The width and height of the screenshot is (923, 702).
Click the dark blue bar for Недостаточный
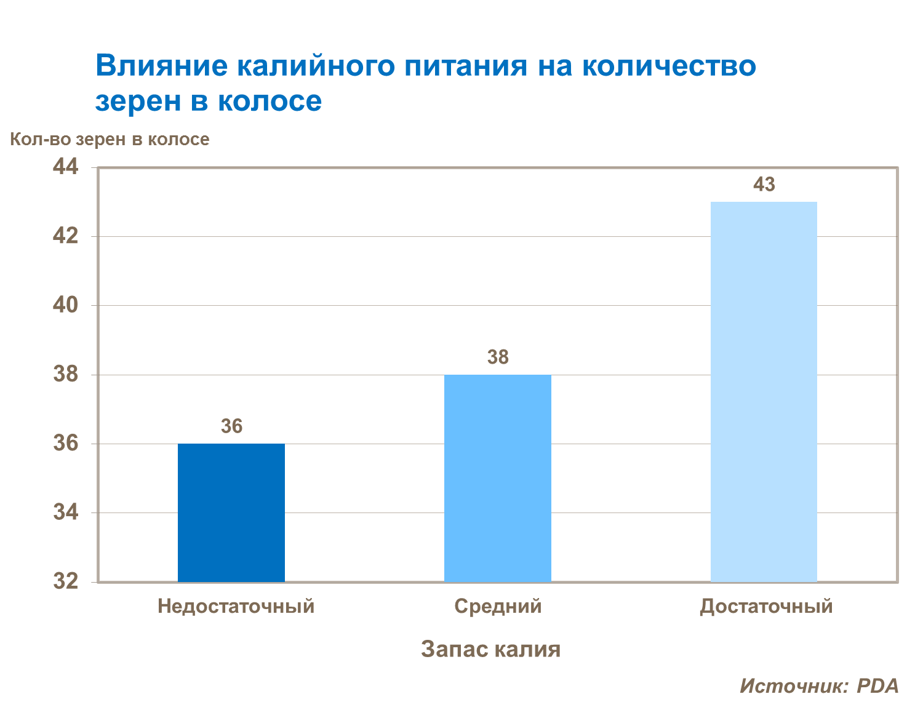click(231, 513)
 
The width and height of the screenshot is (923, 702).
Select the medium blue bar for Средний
click(497, 478)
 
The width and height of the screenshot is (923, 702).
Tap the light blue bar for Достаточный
click(764, 391)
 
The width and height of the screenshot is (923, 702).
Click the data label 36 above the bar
click(231, 426)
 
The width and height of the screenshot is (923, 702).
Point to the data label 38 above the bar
click(498, 357)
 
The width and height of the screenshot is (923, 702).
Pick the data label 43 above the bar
click(764, 184)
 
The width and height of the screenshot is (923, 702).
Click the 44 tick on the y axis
click(66, 167)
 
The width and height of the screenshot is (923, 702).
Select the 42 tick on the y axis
click(66, 236)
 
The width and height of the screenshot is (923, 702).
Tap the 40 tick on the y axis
click(66, 305)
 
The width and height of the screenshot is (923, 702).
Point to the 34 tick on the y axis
click(66, 512)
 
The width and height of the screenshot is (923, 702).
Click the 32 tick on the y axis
click(66, 581)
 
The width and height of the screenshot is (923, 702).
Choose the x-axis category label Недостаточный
click(236, 606)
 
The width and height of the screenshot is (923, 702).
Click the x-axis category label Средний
click(498, 606)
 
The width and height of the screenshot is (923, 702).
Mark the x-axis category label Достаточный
click(766, 606)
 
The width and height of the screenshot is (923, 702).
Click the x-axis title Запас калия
click(490, 649)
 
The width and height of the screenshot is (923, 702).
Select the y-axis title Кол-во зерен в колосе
click(110, 140)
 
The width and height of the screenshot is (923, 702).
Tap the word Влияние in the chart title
click(161, 66)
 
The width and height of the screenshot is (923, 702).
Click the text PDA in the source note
click(877, 685)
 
